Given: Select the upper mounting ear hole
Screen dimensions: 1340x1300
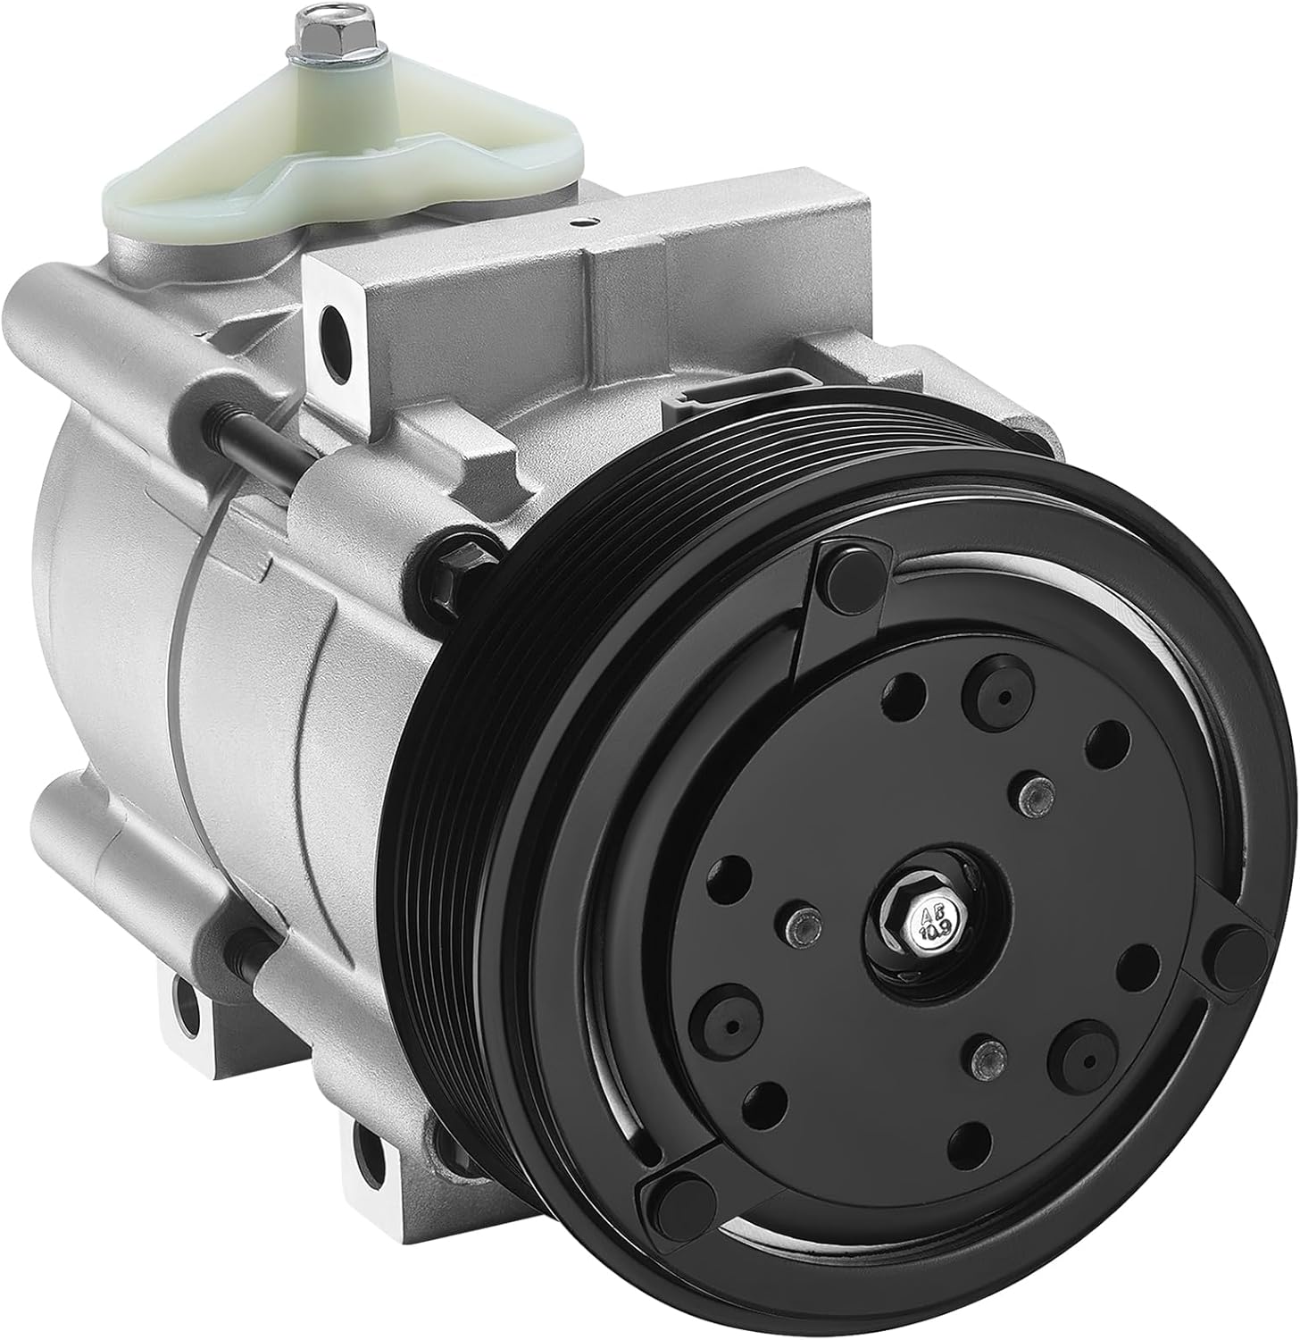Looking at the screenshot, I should (x=340, y=322).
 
